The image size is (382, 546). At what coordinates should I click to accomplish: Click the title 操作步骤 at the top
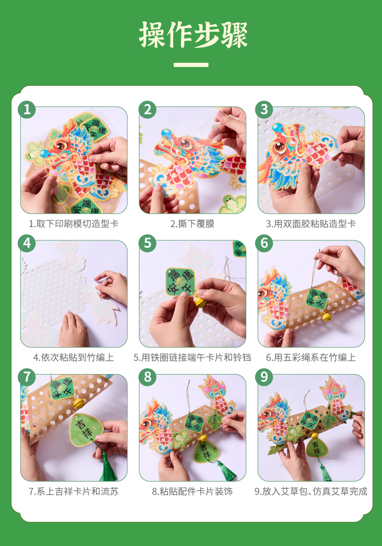193,35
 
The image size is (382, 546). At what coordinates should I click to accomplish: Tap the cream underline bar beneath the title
191,65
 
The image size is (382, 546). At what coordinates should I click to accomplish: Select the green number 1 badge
27,110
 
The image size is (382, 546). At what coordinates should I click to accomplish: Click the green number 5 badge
147,243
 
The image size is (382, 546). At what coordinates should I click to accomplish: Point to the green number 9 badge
264,377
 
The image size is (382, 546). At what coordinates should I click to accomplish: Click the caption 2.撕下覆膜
192,224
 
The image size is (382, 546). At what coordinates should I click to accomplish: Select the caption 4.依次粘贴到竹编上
73,357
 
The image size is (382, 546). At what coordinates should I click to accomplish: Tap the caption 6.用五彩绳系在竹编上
311,357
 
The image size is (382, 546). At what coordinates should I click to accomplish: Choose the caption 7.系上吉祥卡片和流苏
73,491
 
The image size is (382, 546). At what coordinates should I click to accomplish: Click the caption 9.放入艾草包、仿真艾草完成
311,491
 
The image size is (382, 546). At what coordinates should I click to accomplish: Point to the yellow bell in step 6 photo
326,317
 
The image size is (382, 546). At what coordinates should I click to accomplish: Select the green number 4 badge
27,243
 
